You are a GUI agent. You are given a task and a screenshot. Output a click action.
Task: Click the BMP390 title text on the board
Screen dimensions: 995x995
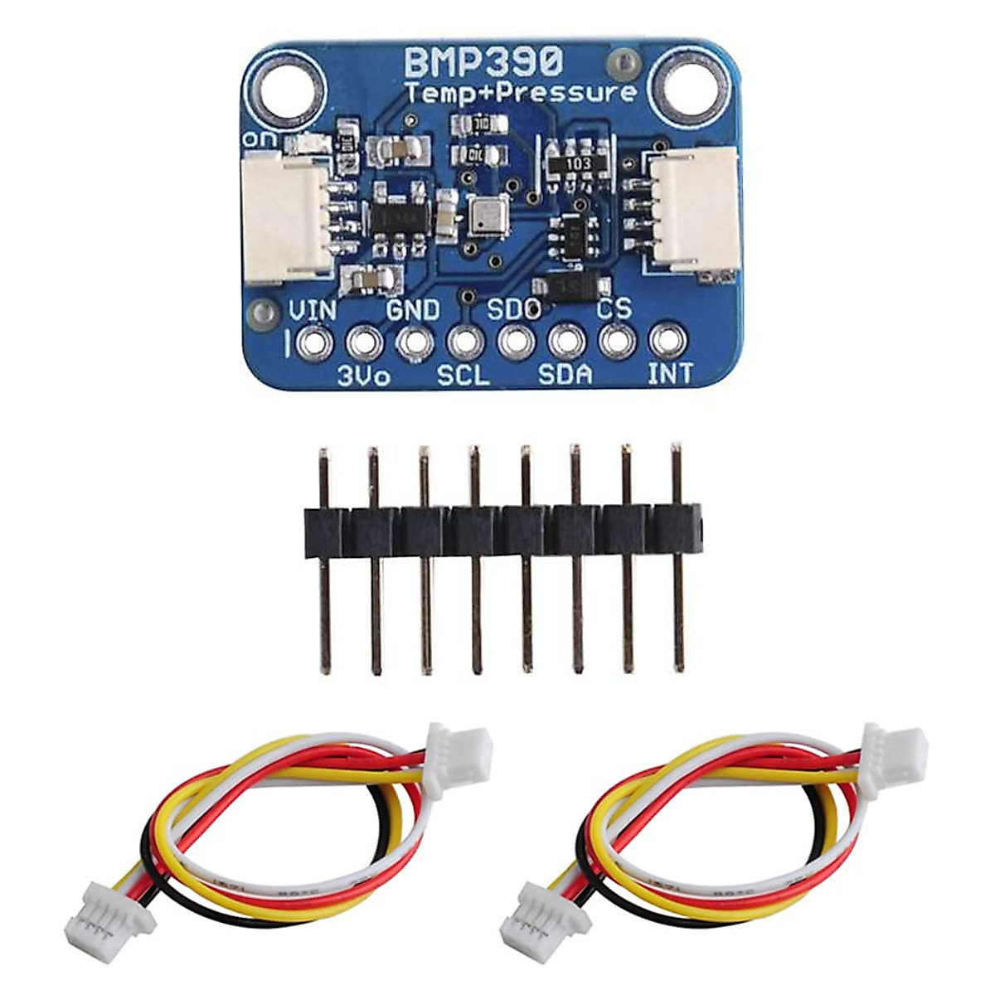point(483,61)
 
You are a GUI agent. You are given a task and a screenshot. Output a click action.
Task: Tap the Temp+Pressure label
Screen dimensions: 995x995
point(522,93)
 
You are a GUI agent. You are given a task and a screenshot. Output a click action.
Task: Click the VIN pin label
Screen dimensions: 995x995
point(312,312)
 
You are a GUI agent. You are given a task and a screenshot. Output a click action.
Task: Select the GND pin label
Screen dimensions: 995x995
point(414,311)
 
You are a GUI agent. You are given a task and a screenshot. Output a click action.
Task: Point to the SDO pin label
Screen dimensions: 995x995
point(514,311)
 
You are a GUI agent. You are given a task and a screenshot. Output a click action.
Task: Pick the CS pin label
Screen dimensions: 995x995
point(614,309)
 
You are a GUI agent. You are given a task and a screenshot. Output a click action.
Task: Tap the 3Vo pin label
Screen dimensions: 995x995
point(364,376)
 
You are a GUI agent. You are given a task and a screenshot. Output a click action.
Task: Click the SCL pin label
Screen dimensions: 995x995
point(464,376)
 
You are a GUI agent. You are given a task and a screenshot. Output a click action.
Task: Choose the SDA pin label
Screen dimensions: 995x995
point(565,375)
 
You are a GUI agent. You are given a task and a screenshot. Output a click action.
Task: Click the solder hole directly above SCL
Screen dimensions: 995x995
point(464,341)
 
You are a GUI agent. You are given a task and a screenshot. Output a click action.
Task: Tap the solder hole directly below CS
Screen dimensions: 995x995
point(615,339)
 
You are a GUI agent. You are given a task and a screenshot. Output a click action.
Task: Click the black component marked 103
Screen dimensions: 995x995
point(578,164)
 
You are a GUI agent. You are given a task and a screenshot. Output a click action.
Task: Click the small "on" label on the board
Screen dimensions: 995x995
point(254,139)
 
